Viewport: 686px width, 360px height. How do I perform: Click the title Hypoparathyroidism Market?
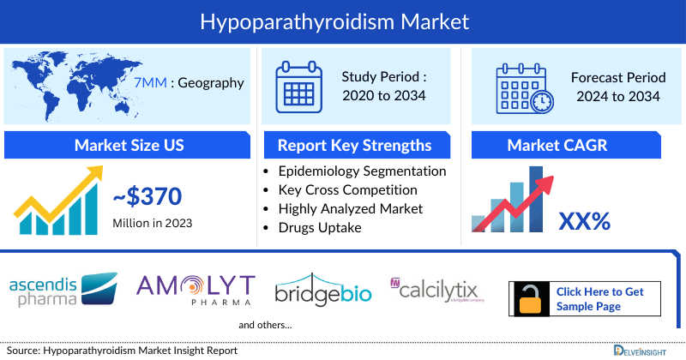(343, 21)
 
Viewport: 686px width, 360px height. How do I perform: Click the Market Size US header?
(129, 145)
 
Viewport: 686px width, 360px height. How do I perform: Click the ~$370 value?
(147, 197)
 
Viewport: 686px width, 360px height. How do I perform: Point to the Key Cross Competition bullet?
(348, 189)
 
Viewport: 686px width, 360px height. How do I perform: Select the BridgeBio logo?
(323, 289)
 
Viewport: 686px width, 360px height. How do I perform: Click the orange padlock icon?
(530, 298)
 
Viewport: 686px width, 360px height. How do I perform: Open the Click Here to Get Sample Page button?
(599, 298)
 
